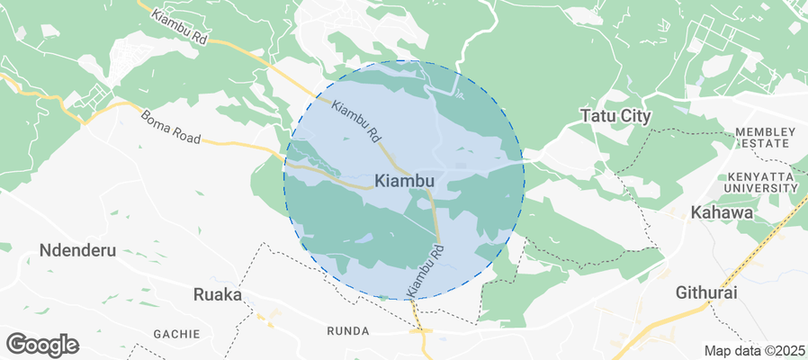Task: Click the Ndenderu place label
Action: tap(78, 250)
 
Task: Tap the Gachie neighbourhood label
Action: tap(176, 334)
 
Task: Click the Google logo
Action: tap(42, 344)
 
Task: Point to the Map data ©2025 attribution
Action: tap(753, 350)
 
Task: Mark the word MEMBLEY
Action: tap(765, 132)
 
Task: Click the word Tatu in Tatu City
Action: tap(596, 116)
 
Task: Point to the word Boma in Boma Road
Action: tap(155, 121)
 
